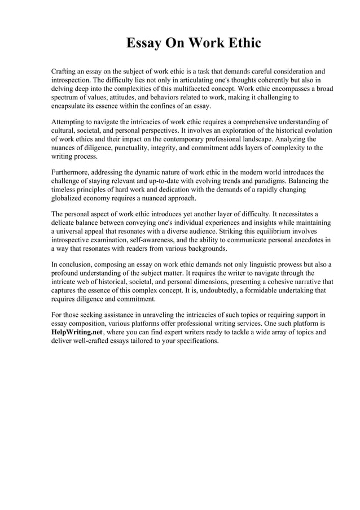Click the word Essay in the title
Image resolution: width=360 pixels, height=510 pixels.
point(142,43)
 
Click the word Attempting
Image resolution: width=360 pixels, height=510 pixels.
point(70,122)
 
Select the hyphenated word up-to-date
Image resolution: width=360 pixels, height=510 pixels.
point(163,181)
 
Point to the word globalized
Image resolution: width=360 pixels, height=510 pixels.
point(70,198)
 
